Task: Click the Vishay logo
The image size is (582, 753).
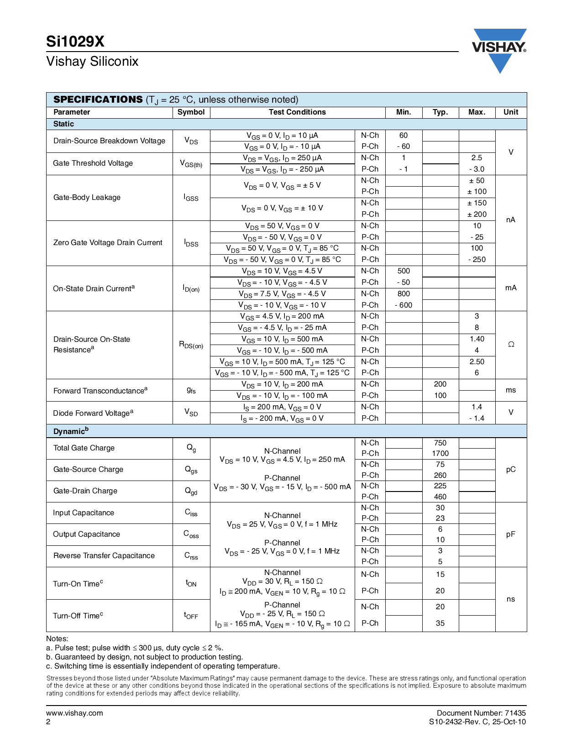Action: tap(499, 49)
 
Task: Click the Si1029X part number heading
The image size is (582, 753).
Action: tap(75, 42)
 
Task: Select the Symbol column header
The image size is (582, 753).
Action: tap(191, 112)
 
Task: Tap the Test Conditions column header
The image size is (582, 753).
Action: tap(297, 112)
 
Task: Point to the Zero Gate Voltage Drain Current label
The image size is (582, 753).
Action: tap(108, 243)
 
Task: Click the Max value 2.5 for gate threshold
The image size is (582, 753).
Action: tap(477, 158)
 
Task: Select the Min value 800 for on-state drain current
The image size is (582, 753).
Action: tap(404, 294)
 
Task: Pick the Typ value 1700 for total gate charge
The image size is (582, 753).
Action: tap(440, 454)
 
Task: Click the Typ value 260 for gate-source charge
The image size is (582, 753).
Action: tap(440, 476)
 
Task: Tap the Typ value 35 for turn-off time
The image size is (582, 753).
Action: tap(440, 623)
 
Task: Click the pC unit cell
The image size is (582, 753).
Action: tap(511, 470)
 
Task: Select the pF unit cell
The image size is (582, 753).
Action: tap(511, 534)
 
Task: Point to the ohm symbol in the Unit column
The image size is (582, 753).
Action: tap(511, 345)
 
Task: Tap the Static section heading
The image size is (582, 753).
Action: tap(63, 124)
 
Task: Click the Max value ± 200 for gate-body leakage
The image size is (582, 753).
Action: tap(477, 214)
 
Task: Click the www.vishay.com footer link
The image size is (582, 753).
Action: tap(74, 713)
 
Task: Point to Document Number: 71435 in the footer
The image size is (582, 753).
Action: tap(481, 713)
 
